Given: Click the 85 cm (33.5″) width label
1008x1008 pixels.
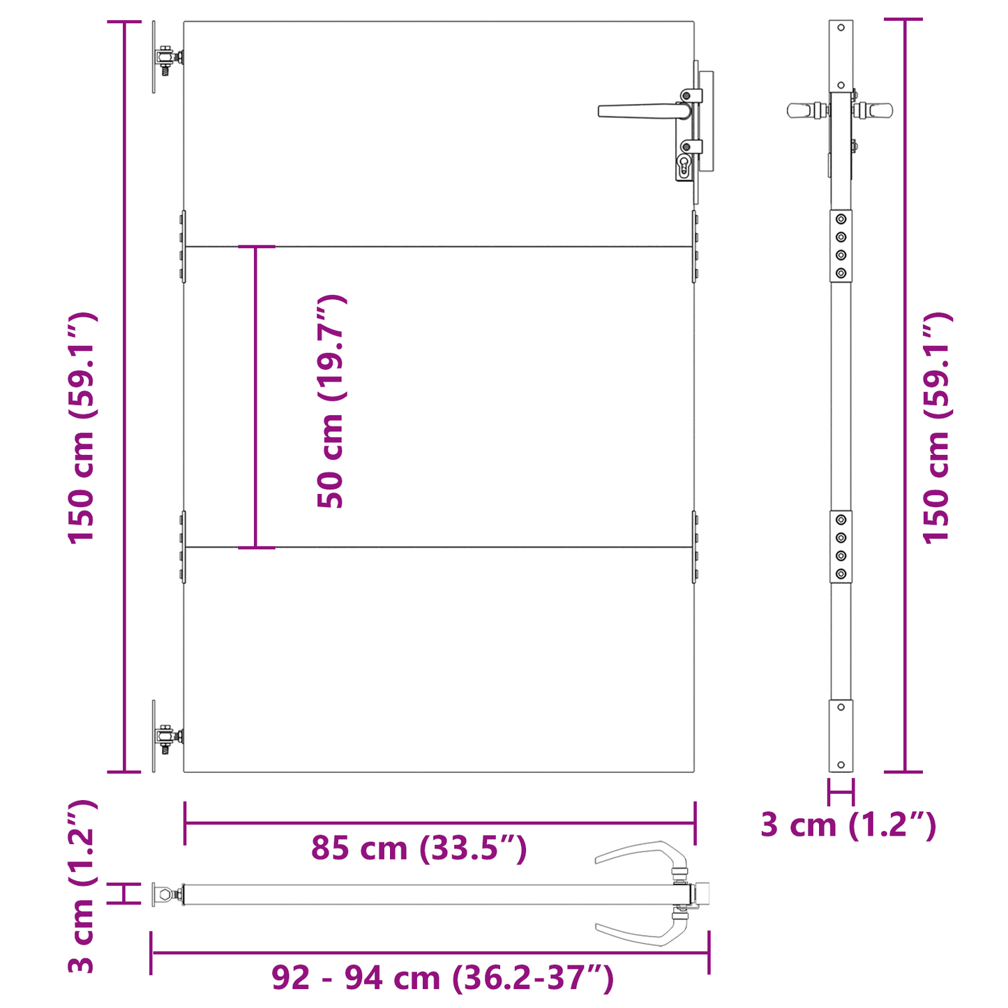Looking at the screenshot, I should point(419,849).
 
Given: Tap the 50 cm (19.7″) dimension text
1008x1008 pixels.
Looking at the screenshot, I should point(331,401).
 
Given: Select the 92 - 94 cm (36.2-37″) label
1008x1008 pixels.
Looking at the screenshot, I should point(442,978).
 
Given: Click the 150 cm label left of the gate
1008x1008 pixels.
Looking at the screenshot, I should point(82,427).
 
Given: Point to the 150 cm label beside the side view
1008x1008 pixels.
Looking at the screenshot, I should point(937,427).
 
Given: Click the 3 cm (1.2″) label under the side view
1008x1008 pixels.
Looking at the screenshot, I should point(848,825).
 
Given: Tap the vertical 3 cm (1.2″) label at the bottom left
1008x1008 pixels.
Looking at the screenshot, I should point(82,886).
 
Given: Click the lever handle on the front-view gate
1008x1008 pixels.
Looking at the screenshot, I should point(638,111).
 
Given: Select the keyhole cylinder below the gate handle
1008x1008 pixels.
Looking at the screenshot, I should point(683,166).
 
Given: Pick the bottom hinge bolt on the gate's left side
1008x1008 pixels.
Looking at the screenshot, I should point(166,737).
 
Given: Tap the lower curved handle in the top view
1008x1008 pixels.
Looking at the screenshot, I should point(638,933).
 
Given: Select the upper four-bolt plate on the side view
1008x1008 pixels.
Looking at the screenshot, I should point(841,246).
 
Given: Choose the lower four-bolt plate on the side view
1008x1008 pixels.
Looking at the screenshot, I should point(841,547).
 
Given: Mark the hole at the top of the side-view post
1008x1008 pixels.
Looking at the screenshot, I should point(841,28).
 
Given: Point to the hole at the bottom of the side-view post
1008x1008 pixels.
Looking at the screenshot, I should point(841,765).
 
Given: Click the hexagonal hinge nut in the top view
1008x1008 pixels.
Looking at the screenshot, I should point(163,894).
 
